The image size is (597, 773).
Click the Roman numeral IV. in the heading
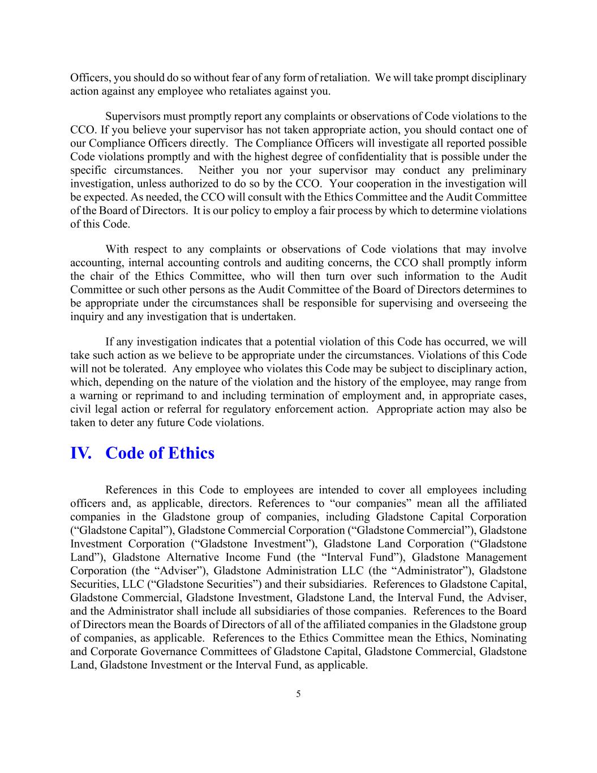pyautogui.click(x=80, y=454)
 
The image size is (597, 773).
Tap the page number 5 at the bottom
pyautogui.click(x=298, y=694)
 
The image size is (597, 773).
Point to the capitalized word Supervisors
pyautogui.click(x=133, y=117)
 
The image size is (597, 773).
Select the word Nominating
pyautogui.click(x=497, y=638)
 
